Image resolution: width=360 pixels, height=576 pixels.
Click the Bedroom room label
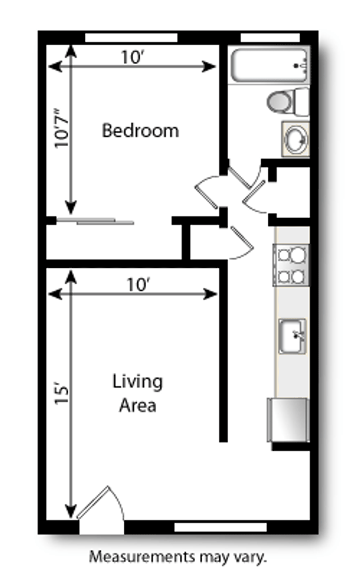click(x=140, y=131)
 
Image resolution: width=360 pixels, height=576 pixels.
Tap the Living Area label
click(x=138, y=394)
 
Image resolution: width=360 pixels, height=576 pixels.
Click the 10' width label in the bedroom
click(x=132, y=58)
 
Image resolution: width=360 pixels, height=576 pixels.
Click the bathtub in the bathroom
click(x=269, y=65)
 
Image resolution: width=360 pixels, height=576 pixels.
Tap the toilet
click(x=287, y=101)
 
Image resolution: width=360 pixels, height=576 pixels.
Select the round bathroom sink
click(x=295, y=139)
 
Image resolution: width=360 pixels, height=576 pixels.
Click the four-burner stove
click(x=291, y=265)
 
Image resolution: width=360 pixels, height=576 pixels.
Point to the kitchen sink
click(x=292, y=336)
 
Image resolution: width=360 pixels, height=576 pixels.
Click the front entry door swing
click(x=101, y=504)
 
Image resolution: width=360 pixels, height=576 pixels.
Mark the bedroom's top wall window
click(x=131, y=37)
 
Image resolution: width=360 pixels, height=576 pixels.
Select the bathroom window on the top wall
click(x=270, y=37)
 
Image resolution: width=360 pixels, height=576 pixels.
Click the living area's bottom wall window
click(x=220, y=527)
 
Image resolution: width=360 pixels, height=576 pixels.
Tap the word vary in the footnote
click(x=252, y=557)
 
